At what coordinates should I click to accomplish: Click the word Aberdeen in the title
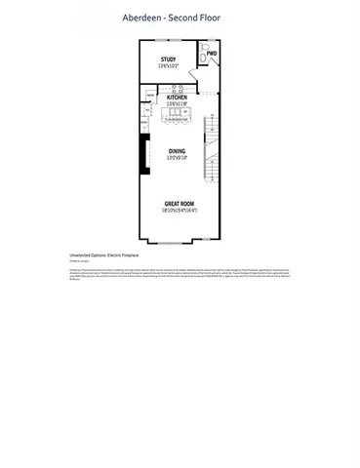point(143,18)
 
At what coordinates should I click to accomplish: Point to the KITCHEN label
point(177,97)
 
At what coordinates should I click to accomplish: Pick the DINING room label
point(177,151)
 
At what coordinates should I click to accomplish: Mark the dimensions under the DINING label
point(177,158)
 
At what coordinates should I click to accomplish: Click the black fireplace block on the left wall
point(144,153)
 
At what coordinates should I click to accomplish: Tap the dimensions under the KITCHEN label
point(177,104)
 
